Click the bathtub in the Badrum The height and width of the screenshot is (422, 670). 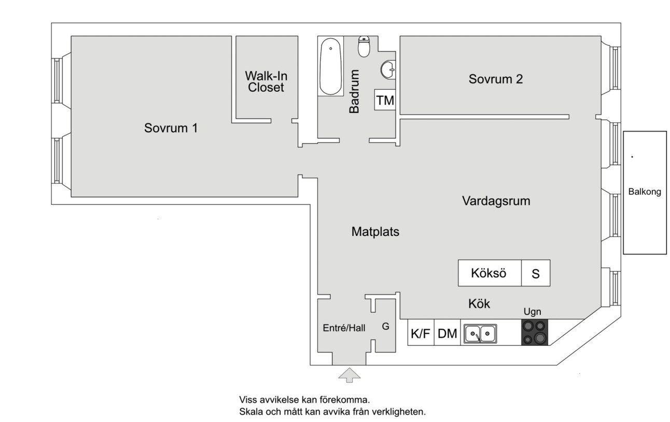coord(330,67)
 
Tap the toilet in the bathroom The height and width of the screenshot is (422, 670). coord(364,47)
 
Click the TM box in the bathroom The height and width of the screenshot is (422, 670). coord(385,100)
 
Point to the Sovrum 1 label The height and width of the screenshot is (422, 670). coord(171,128)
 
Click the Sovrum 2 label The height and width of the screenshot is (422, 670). coord(495,79)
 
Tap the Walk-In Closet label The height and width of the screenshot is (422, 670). coord(266,82)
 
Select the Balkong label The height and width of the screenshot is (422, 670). coord(645,192)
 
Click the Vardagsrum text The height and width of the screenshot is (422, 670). coord(496,201)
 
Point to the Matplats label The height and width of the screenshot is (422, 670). coord(375,232)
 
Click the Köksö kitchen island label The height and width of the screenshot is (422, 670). coord(488,273)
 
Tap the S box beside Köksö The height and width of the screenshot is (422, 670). coord(536,274)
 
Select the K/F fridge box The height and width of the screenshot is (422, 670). coord(421,334)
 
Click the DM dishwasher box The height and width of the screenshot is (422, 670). coord(448,334)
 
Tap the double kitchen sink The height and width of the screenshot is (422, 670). coord(480,333)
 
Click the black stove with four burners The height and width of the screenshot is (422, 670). coord(535,332)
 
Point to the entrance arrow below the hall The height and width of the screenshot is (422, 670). coord(350,375)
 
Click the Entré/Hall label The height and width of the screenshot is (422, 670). coord(344,328)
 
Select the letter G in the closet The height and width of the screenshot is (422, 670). coord(385,327)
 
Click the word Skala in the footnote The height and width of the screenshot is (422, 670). coord(250,413)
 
